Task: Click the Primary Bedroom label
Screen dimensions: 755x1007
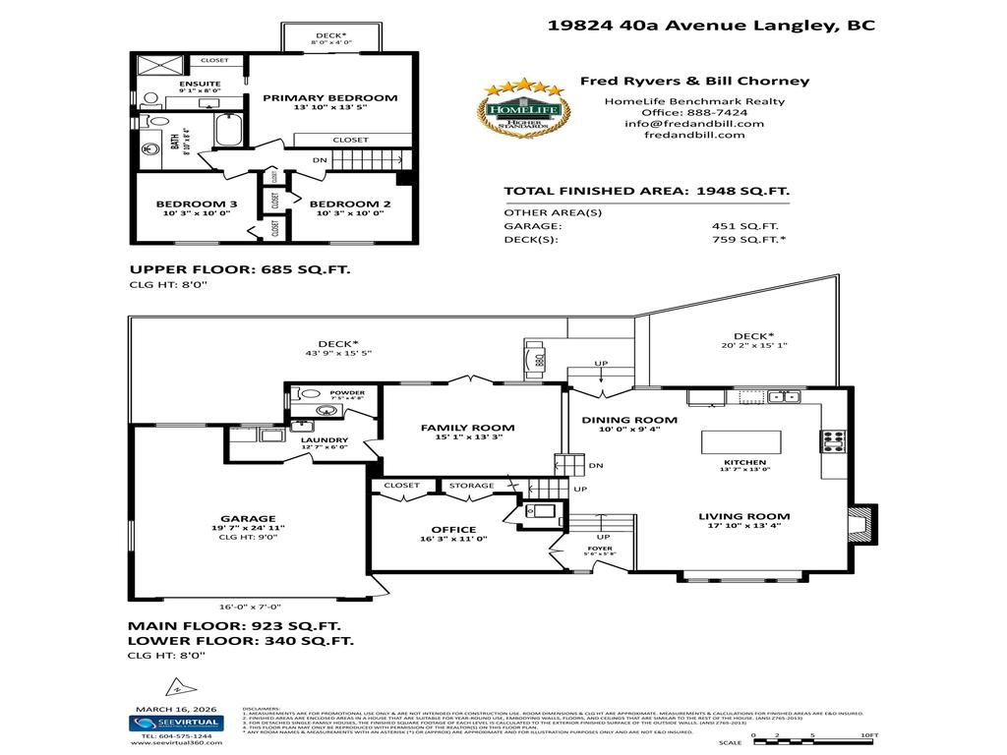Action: click(329, 97)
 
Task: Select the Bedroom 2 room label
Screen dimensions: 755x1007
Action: click(345, 205)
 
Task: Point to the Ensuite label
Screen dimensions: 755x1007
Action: click(199, 84)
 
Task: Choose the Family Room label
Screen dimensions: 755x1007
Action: click(467, 428)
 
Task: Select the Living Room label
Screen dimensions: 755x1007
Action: click(743, 516)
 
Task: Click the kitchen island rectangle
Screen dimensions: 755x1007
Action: click(741, 441)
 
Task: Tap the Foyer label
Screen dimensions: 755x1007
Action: click(600, 548)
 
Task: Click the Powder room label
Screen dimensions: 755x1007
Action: click(347, 392)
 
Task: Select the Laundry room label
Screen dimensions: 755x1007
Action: click(325, 440)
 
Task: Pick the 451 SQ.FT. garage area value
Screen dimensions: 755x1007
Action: click(738, 225)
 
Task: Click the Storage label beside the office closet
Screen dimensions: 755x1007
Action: click(470, 486)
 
